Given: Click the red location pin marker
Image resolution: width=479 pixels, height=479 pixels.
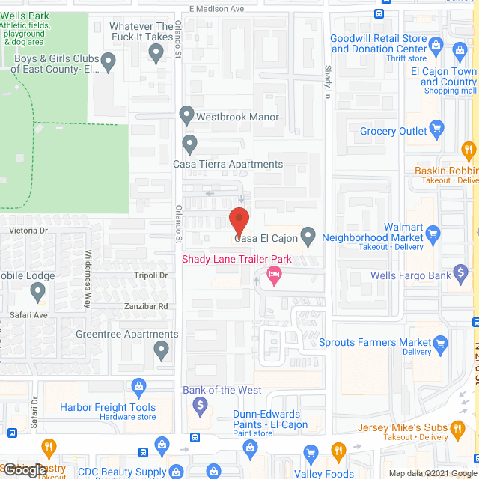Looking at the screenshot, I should (239, 221).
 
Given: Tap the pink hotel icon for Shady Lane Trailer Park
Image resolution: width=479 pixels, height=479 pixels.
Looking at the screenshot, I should (275, 276).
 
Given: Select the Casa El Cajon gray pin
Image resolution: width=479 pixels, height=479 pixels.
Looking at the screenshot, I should (308, 237).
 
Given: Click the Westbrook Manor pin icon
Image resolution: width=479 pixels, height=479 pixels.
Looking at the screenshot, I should (187, 115).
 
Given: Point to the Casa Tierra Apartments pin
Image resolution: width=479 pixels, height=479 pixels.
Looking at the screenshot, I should (189, 142).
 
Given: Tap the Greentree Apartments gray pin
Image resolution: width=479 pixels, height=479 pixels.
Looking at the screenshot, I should (161, 349).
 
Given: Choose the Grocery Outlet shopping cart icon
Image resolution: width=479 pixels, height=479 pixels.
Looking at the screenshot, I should (437, 130).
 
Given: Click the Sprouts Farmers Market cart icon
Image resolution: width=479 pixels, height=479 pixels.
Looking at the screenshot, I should (441, 344).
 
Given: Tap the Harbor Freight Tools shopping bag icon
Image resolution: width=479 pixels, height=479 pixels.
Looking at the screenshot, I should (138, 386).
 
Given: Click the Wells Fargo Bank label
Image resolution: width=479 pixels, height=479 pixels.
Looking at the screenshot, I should (411, 275).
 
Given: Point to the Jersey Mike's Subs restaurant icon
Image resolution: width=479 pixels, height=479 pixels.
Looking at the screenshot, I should (457, 428).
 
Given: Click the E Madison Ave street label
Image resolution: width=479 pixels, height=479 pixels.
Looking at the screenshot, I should (217, 9).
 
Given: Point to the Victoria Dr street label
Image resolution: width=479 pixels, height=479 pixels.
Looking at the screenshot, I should (28, 231).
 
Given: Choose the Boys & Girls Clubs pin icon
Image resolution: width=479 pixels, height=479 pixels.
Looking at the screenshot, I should (109, 61).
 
